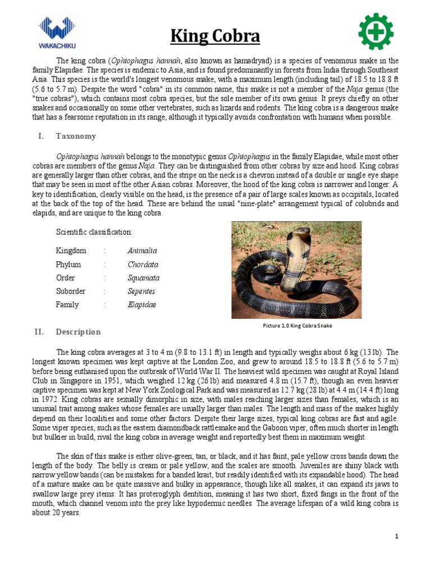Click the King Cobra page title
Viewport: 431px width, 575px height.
click(x=215, y=37)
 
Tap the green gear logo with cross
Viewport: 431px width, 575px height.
click(x=375, y=31)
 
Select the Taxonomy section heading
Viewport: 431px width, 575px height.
click(x=76, y=136)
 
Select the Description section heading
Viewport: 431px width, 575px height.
click(x=78, y=332)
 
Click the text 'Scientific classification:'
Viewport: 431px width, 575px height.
click(x=94, y=232)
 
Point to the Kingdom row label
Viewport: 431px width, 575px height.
click(x=71, y=251)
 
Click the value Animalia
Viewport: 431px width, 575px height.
click(x=142, y=251)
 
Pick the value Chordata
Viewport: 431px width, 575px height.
click(x=143, y=264)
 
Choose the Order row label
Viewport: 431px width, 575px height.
click(x=65, y=278)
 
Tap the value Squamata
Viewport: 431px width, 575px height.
click(x=143, y=278)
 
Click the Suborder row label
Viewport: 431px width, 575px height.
click(x=71, y=291)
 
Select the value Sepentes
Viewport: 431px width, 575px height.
click(x=141, y=291)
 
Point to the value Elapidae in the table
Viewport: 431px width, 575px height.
click(x=141, y=305)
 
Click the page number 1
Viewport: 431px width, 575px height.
click(x=396, y=537)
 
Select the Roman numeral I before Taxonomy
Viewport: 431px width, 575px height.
click(x=40, y=136)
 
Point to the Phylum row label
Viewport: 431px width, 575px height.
click(x=68, y=264)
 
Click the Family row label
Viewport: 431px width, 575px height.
click(x=67, y=305)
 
